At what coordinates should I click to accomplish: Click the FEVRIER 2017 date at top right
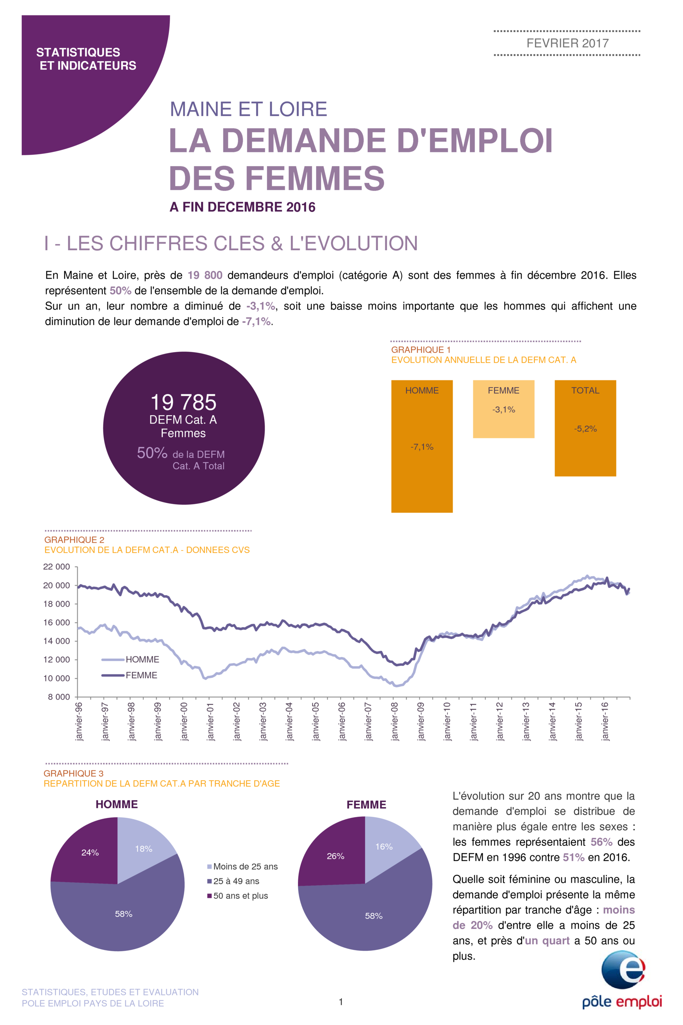[567, 43]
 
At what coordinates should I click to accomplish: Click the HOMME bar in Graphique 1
[422, 446]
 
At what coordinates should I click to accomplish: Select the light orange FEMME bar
[503, 409]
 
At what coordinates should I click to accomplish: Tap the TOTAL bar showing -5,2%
[585, 428]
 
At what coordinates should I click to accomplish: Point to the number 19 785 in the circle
[183, 402]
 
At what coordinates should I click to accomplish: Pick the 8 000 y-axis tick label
[59, 697]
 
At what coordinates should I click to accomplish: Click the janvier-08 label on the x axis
[395, 721]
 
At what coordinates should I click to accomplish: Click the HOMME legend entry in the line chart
[130, 660]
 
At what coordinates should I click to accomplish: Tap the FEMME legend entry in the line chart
[129, 675]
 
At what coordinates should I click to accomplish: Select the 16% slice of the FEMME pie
[388, 847]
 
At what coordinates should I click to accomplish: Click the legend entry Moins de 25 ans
[242, 866]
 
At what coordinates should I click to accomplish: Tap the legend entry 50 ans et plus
[238, 896]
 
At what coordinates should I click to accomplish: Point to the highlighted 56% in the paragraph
[602, 842]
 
